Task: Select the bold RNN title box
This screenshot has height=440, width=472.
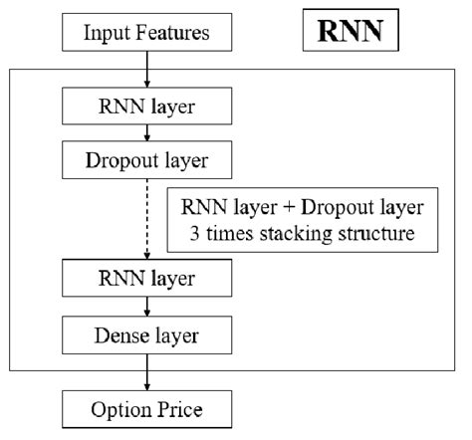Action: pyautogui.click(x=351, y=32)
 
